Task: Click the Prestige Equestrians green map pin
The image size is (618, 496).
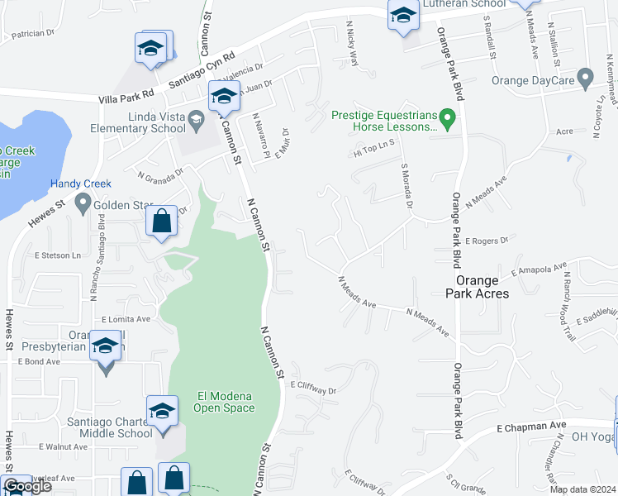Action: (x=447, y=119)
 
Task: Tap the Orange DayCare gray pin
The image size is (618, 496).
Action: (x=586, y=80)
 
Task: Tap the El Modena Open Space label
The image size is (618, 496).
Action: (x=224, y=401)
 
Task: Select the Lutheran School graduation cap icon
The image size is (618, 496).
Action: (x=402, y=17)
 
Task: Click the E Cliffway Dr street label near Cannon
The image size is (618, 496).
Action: (x=314, y=386)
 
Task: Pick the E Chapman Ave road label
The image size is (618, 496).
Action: (x=525, y=427)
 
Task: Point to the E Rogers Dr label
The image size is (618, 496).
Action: (x=486, y=241)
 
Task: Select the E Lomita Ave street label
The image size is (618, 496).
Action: (x=126, y=319)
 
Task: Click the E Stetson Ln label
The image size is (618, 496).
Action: (x=58, y=255)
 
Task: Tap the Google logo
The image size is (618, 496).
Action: (x=27, y=487)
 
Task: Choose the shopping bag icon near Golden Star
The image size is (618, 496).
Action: (x=162, y=222)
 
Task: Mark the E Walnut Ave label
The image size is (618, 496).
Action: (x=64, y=446)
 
